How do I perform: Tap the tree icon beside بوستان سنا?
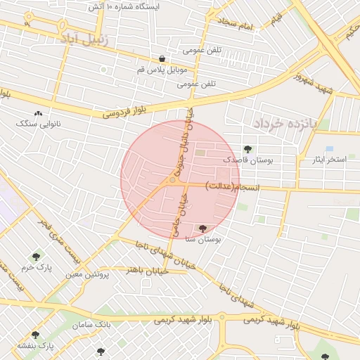[x=203, y=229]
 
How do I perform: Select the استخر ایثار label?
[x=330, y=160]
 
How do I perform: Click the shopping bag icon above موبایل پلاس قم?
[x=162, y=59]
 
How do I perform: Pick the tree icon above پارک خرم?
[x=37, y=257]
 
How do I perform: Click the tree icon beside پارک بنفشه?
[x=34, y=335]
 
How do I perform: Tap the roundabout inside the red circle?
[x=172, y=181]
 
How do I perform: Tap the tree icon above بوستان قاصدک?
[x=247, y=148]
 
